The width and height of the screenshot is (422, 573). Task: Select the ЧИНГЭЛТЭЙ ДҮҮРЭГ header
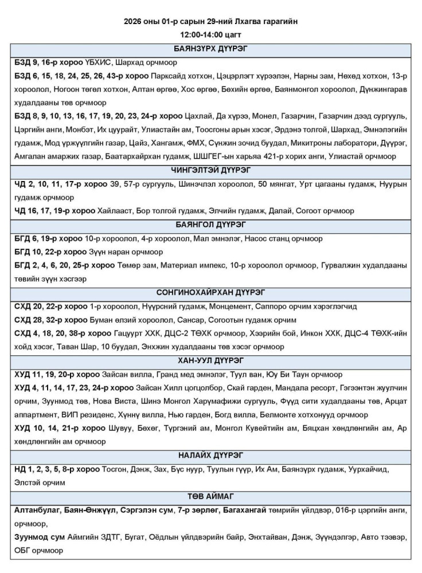coord(210,170)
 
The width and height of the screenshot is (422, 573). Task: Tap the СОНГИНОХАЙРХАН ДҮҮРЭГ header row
coord(210,292)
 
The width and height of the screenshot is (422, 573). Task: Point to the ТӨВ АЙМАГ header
coord(210,496)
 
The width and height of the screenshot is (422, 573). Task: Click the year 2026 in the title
coord(133,21)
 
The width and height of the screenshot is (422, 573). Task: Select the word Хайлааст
coord(119,211)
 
